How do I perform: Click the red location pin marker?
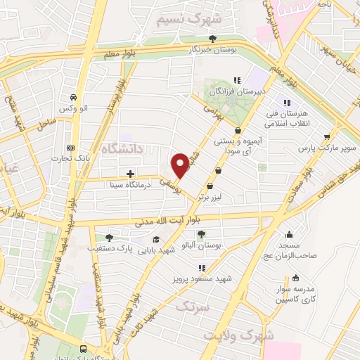(x=181, y=165)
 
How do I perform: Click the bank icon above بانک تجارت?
(x=70, y=148)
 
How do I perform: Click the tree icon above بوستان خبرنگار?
(x=222, y=39)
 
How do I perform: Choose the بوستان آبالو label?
(x=202, y=245)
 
